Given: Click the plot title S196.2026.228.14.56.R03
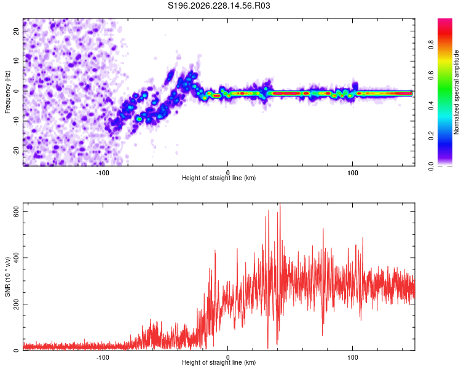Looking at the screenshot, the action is tap(219, 6).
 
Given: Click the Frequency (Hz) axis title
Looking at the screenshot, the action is tap(7, 92).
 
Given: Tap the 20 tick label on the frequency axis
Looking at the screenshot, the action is tap(16, 31).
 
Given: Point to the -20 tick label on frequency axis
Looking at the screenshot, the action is tap(16, 151).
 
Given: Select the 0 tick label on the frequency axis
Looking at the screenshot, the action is tap(16, 91).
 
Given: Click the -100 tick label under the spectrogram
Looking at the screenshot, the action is tap(103, 173).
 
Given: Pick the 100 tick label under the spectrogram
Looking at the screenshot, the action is tap(353, 173).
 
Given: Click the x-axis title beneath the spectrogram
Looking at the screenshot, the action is tap(219, 178).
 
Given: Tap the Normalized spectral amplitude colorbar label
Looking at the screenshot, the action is tap(456, 92).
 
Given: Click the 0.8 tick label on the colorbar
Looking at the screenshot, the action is tap(431, 45).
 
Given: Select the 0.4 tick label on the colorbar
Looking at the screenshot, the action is tap(431, 105).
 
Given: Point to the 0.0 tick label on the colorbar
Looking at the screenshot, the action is tap(431, 166).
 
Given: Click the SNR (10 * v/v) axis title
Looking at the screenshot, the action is tap(7, 277).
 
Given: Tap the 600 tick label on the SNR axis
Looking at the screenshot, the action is tap(16, 212).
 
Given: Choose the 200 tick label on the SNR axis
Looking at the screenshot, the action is tap(16, 304).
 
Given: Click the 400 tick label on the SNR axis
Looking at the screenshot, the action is tap(16, 258).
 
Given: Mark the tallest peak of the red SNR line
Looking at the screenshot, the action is tap(280, 204).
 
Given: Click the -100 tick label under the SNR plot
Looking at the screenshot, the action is tap(103, 357).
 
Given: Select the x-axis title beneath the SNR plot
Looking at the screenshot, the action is tap(219, 362).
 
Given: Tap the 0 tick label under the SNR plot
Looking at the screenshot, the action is tap(227, 357).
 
